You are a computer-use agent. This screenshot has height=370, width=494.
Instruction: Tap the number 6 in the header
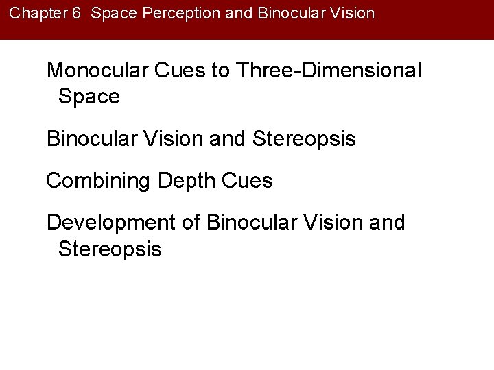tap(76, 13)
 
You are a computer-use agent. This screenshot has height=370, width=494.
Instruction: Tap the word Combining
tap(99, 182)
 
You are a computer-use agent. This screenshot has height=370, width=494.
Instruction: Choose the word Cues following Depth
tap(248, 182)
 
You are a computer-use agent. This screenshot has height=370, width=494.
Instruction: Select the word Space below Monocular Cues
tap(89, 97)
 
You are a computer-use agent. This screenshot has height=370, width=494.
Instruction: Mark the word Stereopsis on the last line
tap(110, 249)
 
